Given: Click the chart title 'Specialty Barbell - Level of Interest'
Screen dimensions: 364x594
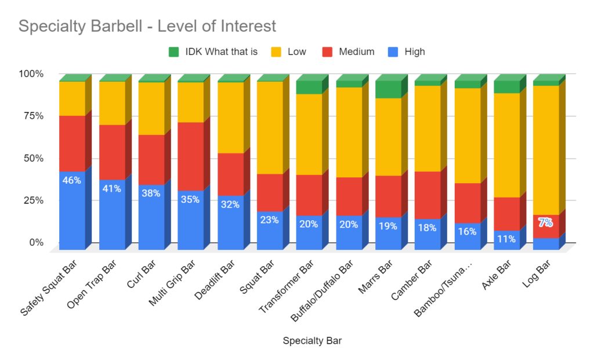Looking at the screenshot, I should (x=147, y=26).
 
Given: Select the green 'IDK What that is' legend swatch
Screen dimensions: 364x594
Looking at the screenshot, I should (x=173, y=52).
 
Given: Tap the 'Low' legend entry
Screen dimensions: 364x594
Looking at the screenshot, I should (x=296, y=52).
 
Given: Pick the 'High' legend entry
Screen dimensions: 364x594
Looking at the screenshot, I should (x=415, y=52).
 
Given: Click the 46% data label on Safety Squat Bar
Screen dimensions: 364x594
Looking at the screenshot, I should (x=71, y=180).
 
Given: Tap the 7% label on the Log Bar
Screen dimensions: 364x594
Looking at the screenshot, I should (x=545, y=222).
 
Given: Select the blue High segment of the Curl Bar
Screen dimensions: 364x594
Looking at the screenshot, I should (x=151, y=217).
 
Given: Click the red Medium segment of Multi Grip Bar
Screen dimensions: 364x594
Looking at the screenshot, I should (x=190, y=156).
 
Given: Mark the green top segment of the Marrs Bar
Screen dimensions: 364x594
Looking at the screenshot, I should (x=388, y=89).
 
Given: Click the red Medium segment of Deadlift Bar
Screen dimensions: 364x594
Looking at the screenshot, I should (x=230, y=174).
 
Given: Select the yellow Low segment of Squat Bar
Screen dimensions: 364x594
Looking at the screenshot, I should (x=270, y=128).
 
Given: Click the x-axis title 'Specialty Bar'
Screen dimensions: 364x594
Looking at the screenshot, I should (x=312, y=341).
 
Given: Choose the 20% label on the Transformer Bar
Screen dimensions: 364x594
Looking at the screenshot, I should (x=309, y=224).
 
